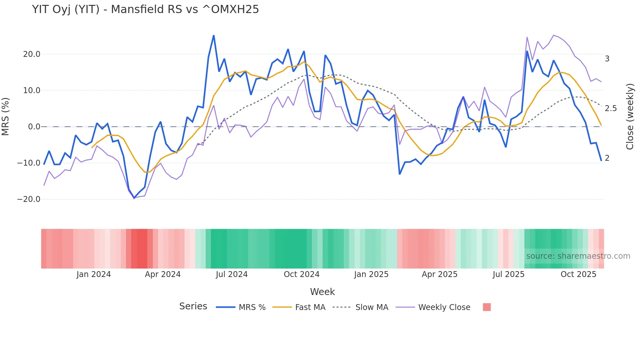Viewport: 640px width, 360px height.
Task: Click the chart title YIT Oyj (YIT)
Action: coord(145,9)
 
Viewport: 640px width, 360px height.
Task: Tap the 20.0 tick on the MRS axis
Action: coord(32,54)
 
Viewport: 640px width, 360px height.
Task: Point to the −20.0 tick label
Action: coord(29,199)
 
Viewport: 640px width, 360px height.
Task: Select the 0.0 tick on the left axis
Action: coord(34,127)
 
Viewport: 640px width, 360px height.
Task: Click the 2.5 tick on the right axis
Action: coord(611,108)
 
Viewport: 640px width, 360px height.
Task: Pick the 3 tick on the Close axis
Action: coord(607,59)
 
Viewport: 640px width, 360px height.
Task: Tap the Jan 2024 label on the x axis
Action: coord(94,274)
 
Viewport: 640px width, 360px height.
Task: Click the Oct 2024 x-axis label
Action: coord(301,274)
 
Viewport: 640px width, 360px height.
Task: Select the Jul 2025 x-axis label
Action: coord(508,274)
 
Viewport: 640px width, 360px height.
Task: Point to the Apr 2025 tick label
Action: coord(440,274)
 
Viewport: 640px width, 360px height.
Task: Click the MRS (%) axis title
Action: coord(6,116)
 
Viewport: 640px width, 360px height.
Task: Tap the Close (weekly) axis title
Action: coord(630,116)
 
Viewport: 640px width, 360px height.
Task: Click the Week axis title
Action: coord(322,292)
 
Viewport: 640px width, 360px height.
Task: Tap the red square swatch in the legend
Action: coord(487,307)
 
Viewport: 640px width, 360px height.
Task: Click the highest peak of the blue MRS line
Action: coord(214,36)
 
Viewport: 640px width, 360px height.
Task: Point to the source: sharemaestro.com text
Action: coord(578,256)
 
